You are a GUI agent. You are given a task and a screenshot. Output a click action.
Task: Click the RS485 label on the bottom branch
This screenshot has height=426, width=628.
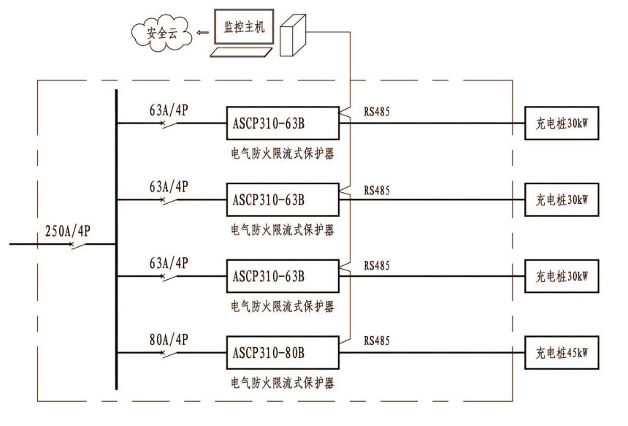377,341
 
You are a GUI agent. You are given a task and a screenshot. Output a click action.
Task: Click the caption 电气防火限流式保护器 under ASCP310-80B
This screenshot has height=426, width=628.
283,382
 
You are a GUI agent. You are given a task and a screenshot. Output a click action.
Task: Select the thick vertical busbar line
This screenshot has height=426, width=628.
116,241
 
